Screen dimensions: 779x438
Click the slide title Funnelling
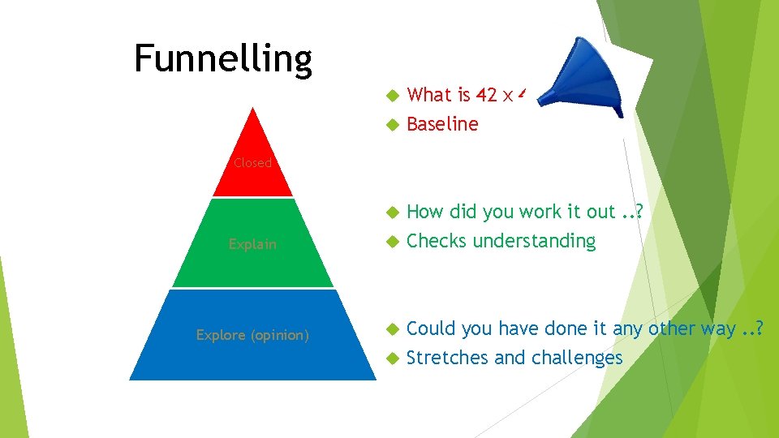click(223, 58)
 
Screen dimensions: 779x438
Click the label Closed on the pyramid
click(252, 163)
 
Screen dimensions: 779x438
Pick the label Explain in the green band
click(252, 243)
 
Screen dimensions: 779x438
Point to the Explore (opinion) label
click(252, 334)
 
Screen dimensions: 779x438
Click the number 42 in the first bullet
click(486, 95)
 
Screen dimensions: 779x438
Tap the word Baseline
click(442, 124)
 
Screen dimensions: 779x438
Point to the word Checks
click(437, 241)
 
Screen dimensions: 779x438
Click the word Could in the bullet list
click(428, 328)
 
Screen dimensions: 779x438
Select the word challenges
click(576, 358)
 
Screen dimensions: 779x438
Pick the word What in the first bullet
click(428, 95)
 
